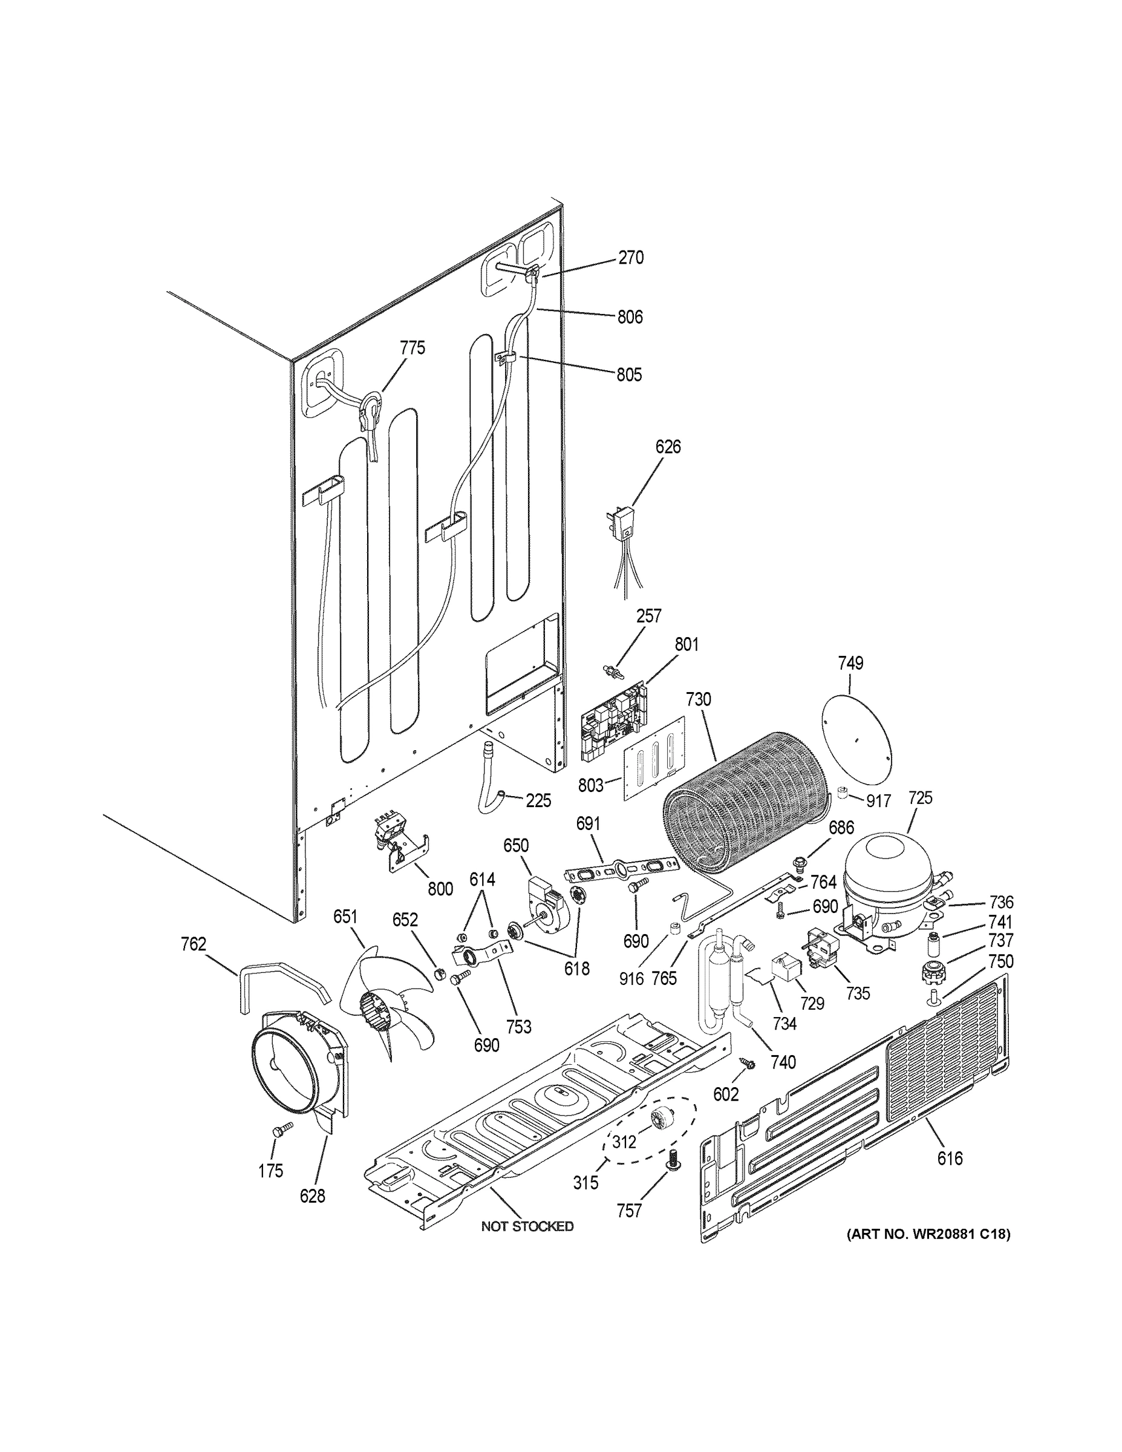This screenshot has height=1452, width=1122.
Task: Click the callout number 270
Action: [x=630, y=257]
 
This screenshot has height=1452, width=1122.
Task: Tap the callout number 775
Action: [x=412, y=348]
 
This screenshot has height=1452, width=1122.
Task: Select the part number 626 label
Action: [x=668, y=446]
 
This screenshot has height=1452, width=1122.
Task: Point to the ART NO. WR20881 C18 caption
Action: [x=928, y=1234]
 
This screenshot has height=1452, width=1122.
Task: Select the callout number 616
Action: [x=950, y=1158]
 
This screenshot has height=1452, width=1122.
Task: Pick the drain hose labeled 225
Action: [x=490, y=782]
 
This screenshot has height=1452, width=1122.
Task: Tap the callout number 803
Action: [x=590, y=785]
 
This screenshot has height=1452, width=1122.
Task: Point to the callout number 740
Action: [x=783, y=1062]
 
